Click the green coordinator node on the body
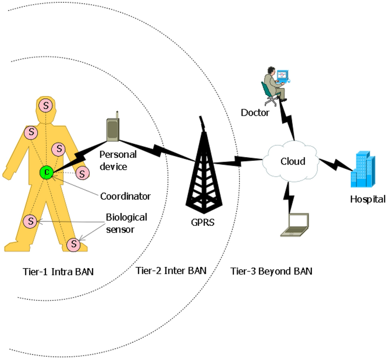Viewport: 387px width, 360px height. click(46, 172)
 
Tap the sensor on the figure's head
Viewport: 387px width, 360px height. click(46, 105)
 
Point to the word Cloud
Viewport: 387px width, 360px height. click(293, 161)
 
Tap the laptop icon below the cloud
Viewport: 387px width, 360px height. click(295, 225)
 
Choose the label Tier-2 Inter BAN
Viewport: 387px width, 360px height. click(171, 270)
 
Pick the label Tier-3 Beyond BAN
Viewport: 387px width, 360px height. click(271, 272)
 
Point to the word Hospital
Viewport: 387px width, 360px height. click(368, 199)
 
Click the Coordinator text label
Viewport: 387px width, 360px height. click(125, 197)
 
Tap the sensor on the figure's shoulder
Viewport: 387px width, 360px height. click(31, 132)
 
